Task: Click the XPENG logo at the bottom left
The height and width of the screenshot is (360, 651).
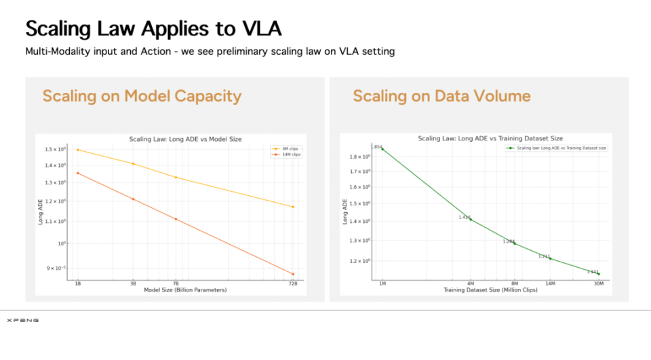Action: click(22, 320)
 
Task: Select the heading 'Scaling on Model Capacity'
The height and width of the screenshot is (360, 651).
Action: click(142, 96)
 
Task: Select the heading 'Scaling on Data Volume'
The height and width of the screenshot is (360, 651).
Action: click(441, 96)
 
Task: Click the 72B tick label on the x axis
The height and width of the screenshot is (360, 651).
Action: click(293, 284)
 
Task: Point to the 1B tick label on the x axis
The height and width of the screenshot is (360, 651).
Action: click(77, 284)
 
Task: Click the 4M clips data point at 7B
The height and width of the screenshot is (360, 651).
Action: click(176, 178)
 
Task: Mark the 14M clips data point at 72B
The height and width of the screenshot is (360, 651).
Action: click(293, 274)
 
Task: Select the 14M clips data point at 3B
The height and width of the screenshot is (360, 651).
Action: click(133, 199)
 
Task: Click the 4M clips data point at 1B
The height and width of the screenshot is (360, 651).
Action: click(77, 150)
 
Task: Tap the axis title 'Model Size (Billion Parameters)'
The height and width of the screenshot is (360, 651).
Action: click(185, 289)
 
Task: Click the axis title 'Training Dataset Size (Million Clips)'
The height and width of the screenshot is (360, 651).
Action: click(490, 289)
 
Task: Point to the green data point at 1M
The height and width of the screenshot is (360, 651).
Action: click(382, 149)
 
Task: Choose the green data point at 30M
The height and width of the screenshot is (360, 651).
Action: click(599, 274)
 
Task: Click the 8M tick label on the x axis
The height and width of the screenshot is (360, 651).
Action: click(515, 284)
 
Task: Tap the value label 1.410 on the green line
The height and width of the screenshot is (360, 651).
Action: click(465, 217)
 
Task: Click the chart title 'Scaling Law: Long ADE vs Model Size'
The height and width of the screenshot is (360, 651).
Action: click(185, 139)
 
